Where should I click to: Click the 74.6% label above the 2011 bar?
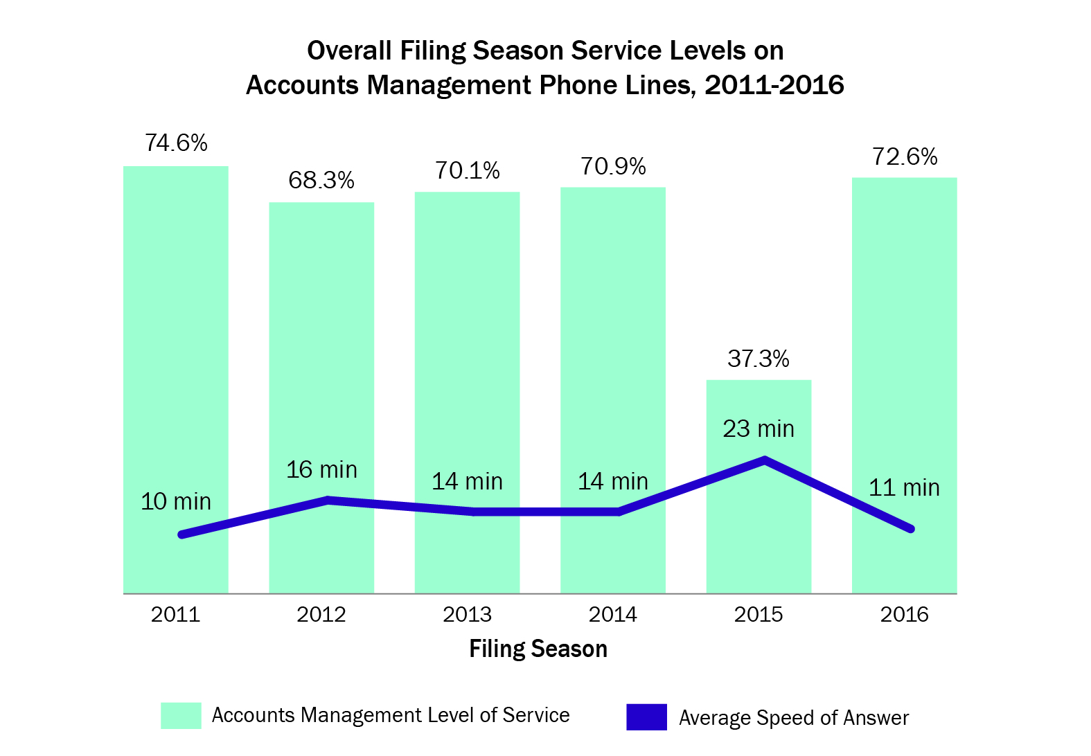176,143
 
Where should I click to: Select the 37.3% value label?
759,359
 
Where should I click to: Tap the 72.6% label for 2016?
905,157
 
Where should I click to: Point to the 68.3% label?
321,180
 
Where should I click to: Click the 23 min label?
759,429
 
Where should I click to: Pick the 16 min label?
321,469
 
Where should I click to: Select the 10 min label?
176,501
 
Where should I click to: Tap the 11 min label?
904,487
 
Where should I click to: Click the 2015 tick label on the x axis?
759,614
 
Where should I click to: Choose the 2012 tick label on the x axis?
321,614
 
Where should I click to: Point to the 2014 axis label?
613,614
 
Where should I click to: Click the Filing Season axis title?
538,649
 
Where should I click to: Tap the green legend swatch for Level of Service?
181,716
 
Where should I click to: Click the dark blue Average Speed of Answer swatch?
646,717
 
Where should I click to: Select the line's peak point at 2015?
765,459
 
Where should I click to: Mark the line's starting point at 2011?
181,534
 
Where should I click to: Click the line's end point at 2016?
911,529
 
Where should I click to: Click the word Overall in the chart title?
349,51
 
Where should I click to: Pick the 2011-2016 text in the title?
774,85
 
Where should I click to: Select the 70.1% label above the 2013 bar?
468,170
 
